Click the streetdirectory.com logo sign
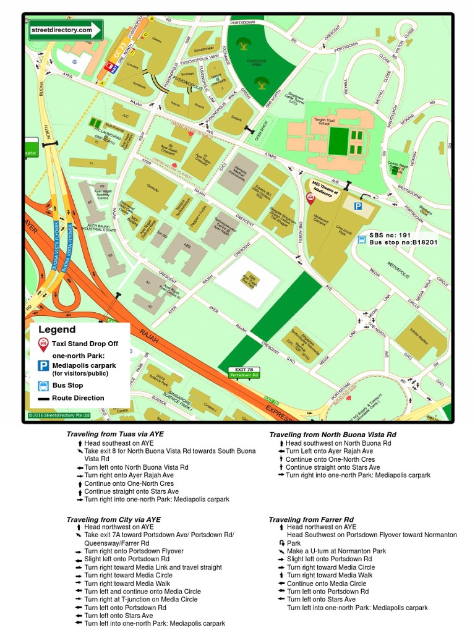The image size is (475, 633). pos(65,30)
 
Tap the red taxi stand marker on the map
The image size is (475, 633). pos(310,198)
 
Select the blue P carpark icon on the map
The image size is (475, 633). pos(357,206)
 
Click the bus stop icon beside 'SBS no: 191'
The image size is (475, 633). pos(362,240)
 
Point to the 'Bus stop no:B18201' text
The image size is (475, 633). pos(403,243)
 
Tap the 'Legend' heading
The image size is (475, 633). pos(57,330)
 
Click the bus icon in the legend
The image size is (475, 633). pos(43,386)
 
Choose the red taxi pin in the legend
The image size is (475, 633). pos(43,344)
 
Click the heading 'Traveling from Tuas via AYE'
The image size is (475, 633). pos(115,435)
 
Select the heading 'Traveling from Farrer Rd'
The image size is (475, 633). pos(311,519)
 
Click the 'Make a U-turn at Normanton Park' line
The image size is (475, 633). pos(336,551)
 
